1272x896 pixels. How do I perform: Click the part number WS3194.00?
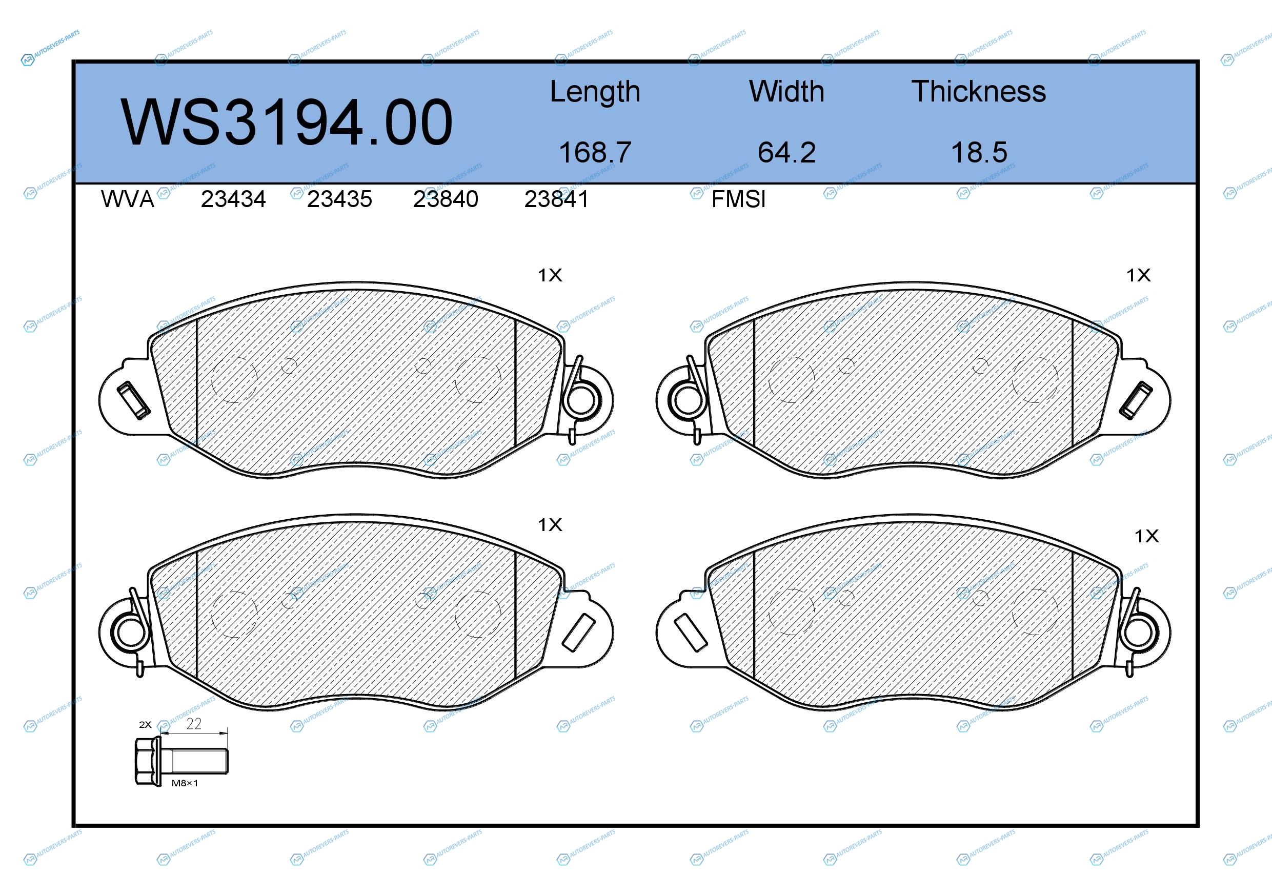[x=287, y=123]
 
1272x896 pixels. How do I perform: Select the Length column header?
[x=595, y=92]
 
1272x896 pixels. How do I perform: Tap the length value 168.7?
[x=595, y=152]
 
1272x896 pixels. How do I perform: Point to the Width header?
[x=786, y=91]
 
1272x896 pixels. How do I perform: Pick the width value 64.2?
[x=786, y=152]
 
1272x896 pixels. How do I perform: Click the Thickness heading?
[x=979, y=91]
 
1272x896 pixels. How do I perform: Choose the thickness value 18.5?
[x=979, y=152]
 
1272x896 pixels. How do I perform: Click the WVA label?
[x=128, y=199]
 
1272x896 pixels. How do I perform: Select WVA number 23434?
[x=233, y=199]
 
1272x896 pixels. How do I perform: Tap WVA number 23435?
[x=339, y=199]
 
